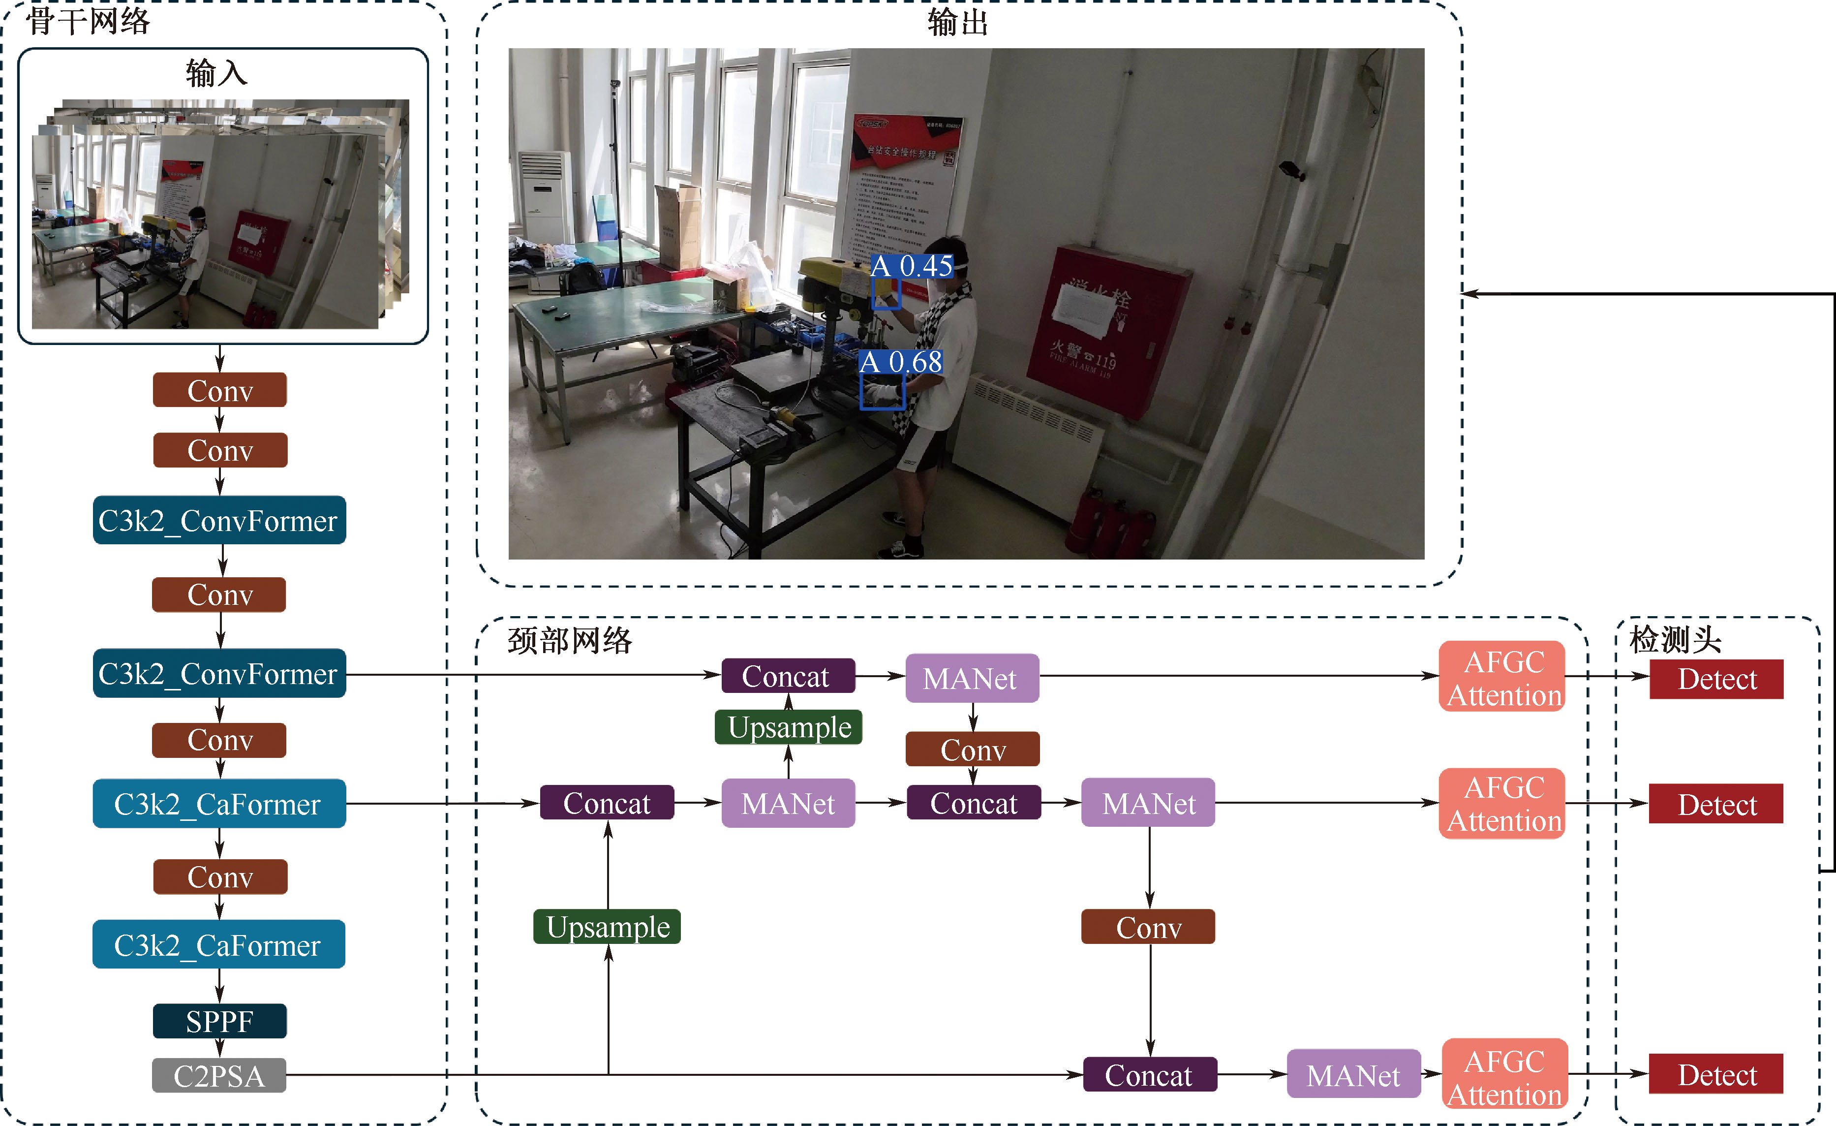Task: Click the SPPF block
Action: [220, 1021]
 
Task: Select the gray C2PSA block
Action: [219, 1075]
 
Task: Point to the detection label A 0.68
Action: [901, 362]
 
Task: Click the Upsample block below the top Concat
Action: [788, 727]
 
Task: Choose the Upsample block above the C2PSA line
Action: [607, 927]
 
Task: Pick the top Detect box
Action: [1716, 679]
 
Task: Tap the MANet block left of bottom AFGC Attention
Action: [1353, 1075]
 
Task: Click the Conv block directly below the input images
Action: [220, 390]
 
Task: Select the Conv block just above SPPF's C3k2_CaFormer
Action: [220, 877]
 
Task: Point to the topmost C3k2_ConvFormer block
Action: [219, 520]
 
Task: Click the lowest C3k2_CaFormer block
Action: [219, 945]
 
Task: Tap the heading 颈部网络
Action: [570, 641]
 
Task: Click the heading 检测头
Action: [1675, 639]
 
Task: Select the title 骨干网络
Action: [88, 21]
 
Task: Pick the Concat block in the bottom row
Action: [1149, 1075]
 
